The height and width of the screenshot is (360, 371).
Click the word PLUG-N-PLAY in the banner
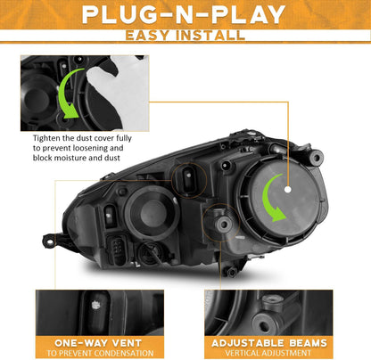pos(184,14)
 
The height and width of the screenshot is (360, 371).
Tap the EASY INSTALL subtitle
pos(185,36)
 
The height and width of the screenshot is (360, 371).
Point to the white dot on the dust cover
pos(287,189)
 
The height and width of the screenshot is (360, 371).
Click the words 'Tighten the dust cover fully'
pos(82,138)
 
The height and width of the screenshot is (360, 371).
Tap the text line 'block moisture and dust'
pos(77,158)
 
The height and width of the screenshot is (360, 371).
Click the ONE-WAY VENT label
pos(98,343)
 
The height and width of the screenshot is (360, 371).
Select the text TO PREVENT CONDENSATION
pos(100,353)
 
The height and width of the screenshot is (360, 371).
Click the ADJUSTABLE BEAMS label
pos(269,343)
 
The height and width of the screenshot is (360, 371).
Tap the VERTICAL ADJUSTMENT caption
pos(268,353)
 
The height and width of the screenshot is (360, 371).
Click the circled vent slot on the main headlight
pos(188,179)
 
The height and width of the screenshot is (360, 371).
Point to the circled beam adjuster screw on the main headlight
pos(222,224)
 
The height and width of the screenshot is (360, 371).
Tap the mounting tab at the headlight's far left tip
pos(51,241)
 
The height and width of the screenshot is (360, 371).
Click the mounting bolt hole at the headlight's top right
pos(316,157)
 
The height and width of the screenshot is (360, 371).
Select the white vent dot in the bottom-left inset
pos(95,305)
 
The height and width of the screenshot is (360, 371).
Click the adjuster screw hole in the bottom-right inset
pos(264,325)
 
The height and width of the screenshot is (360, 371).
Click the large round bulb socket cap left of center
pos(152,213)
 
